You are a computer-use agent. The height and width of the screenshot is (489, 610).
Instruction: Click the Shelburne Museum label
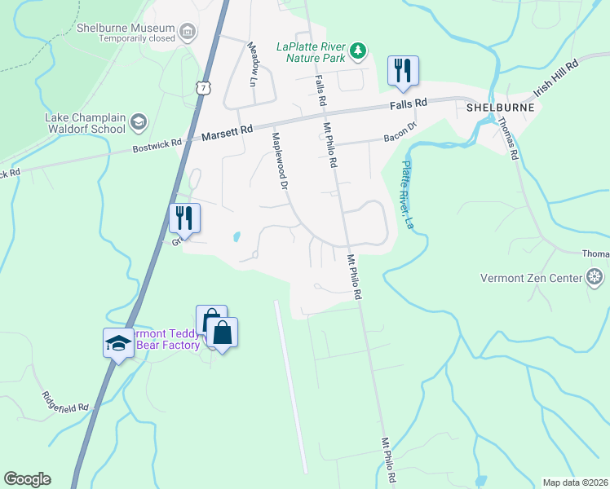[x=126, y=27]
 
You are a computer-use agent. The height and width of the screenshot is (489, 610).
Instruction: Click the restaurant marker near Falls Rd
[x=402, y=71]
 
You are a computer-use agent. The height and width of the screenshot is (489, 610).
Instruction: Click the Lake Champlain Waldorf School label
[x=85, y=122]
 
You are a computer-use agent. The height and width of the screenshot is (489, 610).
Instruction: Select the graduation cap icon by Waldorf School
[x=138, y=122]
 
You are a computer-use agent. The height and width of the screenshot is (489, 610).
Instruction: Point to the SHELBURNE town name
[x=500, y=107]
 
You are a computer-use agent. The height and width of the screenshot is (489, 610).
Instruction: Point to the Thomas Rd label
[x=508, y=139]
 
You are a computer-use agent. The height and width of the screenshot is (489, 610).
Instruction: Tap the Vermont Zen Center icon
[x=597, y=278]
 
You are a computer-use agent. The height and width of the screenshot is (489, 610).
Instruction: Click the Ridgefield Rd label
[x=65, y=401]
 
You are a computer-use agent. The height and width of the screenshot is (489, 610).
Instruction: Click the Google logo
[x=28, y=479]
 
